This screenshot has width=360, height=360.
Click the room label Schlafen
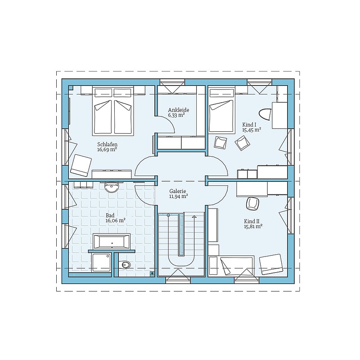pos(107,144)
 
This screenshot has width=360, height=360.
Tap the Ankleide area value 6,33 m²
pos(176,115)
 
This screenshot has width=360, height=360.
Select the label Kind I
pos(249,125)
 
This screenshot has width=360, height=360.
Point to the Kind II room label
pos(252,221)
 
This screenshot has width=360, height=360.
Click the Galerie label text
pos(178,191)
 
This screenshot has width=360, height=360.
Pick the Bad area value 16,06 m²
pos(115,220)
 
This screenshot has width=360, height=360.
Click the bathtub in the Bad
pos(112,241)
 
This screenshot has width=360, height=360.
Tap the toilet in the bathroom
pos(125,265)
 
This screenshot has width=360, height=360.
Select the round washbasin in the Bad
pos(112,187)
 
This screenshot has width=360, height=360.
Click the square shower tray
pos(101,263)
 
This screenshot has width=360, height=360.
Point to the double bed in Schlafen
pos(113,111)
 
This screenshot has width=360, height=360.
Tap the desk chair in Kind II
pos(252,203)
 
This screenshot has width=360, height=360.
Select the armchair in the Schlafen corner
pos(81,165)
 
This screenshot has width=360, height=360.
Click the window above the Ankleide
pos(172,82)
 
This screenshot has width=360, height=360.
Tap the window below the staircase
pos(178,280)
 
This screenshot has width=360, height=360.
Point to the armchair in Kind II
pos(271,264)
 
